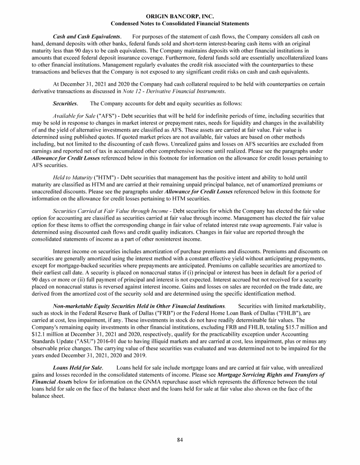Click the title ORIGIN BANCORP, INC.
tap(180, 16)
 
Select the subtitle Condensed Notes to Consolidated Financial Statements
tap(180, 23)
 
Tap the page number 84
tap(180, 439)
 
